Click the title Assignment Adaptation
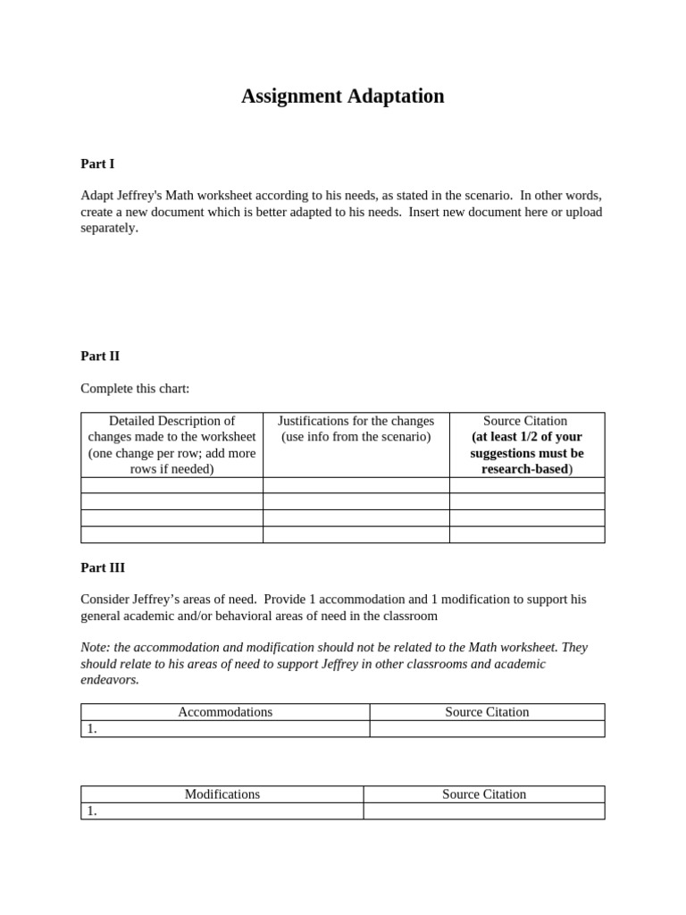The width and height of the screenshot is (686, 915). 342,97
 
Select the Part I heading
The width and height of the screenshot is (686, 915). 97,164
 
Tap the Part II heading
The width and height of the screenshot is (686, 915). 100,356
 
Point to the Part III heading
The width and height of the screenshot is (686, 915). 103,567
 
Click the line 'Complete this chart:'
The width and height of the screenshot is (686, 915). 135,389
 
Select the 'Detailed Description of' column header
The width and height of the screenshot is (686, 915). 171,421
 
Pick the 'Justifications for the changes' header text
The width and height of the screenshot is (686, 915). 356,421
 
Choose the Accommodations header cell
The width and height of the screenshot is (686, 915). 225,712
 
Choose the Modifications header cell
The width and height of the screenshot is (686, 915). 222,794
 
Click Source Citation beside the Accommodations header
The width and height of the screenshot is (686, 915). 487,712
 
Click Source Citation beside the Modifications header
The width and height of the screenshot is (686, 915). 484,794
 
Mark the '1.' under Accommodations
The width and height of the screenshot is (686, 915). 92,729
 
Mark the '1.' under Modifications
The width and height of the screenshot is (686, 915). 92,811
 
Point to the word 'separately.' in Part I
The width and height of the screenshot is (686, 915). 109,228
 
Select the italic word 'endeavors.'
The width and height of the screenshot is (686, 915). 110,679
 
